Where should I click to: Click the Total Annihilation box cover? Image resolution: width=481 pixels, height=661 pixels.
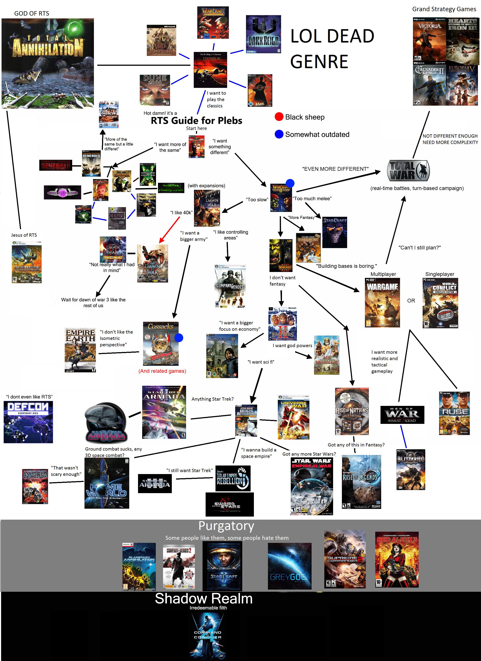tap(48, 63)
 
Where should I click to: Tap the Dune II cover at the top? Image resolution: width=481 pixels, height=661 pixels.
tap(210, 70)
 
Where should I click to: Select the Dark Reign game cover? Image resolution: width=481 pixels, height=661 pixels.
tap(263, 34)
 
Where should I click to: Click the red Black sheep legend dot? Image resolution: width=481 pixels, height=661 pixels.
tap(279, 117)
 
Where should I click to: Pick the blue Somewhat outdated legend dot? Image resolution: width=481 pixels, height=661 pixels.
tap(279, 134)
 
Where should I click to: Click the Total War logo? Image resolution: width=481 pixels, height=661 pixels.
tap(408, 171)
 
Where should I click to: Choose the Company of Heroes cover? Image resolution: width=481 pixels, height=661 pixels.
tap(230, 286)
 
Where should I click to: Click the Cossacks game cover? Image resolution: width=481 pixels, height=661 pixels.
tap(161, 344)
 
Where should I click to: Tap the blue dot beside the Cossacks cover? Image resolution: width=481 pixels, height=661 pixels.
tap(179, 338)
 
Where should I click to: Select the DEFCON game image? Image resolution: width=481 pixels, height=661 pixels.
tap(28, 422)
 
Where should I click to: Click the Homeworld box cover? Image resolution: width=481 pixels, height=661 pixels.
tap(107, 483)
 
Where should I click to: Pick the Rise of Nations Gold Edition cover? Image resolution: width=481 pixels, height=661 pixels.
tap(352, 411)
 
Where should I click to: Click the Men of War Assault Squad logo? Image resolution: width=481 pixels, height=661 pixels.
tap(402, 415)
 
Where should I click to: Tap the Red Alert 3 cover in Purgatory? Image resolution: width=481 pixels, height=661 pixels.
tap(397, 560)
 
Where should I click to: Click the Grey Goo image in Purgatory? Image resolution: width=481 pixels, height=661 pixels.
tap(289, 566)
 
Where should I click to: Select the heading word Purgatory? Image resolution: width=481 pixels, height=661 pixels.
tap(226, 526)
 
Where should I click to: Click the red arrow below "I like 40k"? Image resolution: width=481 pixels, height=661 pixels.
tap(170, 230)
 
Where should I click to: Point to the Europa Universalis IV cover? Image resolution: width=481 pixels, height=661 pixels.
tap(462, 85)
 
